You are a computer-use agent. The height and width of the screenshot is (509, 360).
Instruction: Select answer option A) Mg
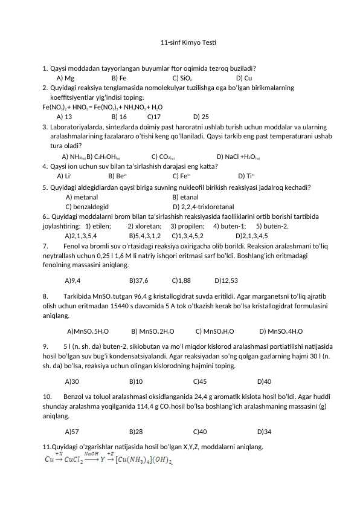tap(65, 78)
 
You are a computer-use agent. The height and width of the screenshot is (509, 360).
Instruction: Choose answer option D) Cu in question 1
tap(244, 78)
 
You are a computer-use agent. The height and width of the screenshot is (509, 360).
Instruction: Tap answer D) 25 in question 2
tap(201, 117)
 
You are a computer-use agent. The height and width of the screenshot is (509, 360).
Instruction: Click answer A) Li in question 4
tap(64, 176)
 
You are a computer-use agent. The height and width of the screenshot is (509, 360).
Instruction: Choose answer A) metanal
tap(82, 197)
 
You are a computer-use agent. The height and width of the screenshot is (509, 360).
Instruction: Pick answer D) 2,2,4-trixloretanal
tap(204, 207)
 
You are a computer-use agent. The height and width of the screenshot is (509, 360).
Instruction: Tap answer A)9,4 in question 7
tap(73, 280)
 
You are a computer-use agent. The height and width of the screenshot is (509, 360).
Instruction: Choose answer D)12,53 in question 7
tap(226, 280)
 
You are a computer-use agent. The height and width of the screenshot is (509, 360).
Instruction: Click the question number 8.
tap(45, 297)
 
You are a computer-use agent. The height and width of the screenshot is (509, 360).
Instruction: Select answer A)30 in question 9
tap(72, 381)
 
